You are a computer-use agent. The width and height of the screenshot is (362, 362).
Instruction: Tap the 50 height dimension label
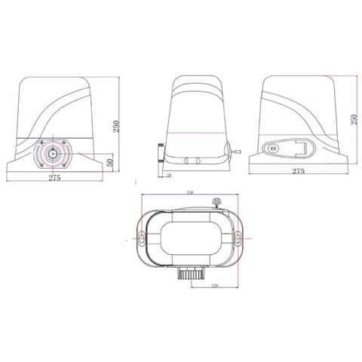pyautogui.click(x=111, y=162)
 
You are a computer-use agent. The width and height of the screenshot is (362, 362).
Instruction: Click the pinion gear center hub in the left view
pyautogui.click(x=57, y=152)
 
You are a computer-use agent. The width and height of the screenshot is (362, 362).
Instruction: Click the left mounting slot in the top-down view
pyautogui.click(x=140, y=238)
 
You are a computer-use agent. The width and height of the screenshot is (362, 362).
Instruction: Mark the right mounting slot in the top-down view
pyautogui.click(x=240, y=238)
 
